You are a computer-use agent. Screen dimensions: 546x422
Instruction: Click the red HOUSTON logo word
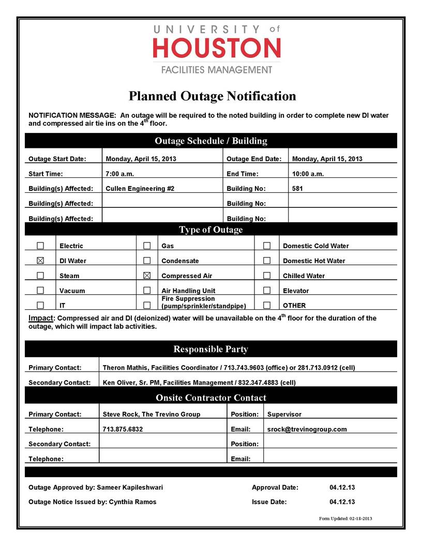[x=217, y=49]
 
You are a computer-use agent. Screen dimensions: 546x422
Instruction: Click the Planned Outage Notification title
[x=212, y=96]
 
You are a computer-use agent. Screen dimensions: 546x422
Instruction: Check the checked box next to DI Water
[x=40, y=261]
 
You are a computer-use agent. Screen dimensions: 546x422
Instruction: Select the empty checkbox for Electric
[x=40, y=246]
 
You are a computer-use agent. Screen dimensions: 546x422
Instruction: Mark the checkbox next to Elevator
[x=267, y=291]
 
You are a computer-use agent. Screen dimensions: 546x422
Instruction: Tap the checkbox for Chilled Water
[x=267, y=276]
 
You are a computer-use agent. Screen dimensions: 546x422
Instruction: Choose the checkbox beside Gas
[x=147, y=246]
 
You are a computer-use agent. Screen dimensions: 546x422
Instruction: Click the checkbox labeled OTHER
[x=267, y=305]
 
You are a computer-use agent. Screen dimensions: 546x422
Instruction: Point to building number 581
[x=297, y=189]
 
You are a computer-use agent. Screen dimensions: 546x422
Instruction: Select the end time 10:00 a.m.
[x=308, y=174]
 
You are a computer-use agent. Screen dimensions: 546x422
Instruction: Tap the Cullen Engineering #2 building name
[x=140, y=189]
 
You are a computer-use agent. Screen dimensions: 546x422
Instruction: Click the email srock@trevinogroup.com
[x=307, y=429]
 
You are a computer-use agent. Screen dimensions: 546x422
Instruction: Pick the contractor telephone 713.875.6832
[x=123, y=429]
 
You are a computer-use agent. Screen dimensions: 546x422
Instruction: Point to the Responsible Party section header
[x=210, y=350]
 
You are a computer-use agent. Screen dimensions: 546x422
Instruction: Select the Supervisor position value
[x=284, y=414]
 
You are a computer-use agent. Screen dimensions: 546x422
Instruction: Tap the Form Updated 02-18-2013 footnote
[x=345, y=518]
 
